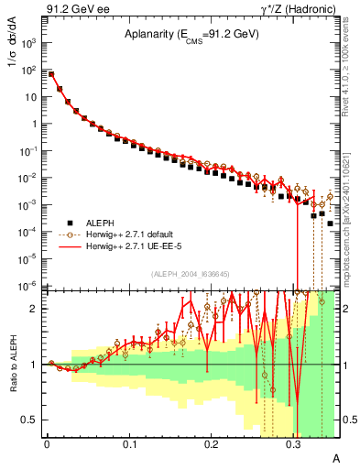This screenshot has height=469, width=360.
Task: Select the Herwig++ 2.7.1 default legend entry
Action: point(127,234)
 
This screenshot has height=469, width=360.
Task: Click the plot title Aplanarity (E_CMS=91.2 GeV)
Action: point(192,35)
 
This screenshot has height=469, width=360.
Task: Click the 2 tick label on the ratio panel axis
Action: point(35,309)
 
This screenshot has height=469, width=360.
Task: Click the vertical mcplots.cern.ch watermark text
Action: point(349,220)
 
